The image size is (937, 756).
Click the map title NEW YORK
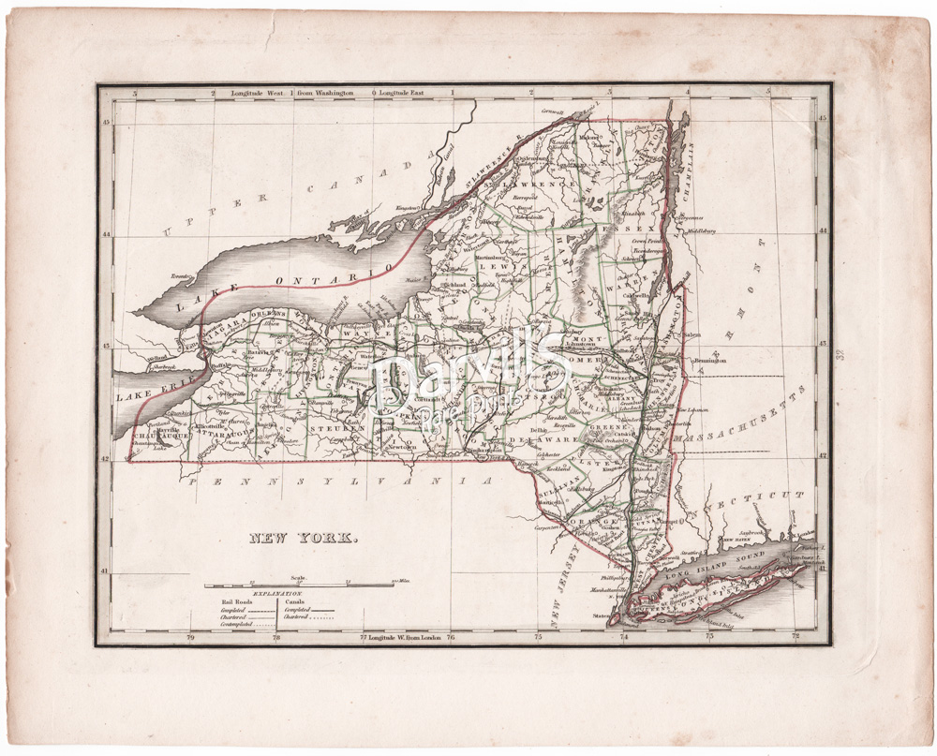(303, 539)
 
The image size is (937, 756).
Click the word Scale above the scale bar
(299, 578)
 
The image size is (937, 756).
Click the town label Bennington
(708, 359)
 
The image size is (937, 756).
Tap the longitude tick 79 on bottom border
(191, 638)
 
